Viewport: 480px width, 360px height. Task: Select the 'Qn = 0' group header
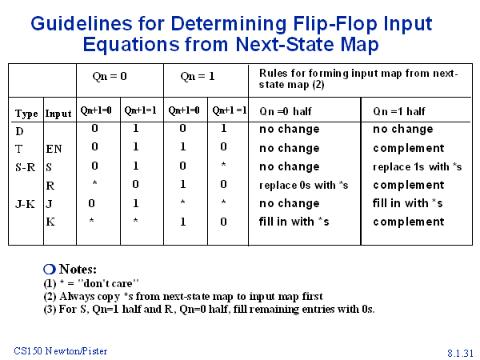[x=110, y=76]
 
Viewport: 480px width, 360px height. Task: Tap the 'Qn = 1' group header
[x=198, y=76]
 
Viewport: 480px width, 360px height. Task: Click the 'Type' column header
[x=26, y=114]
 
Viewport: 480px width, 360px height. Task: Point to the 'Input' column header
[x=58, y=114]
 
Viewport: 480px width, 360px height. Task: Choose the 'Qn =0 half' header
[x=286, y=111]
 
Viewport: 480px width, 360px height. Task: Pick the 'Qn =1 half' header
[x=399, y=111]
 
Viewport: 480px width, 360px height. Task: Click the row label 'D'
[x=19, y=131]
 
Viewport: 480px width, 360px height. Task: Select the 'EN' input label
[x=54, y=149]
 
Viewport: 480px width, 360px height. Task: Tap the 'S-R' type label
[x=26, y=167]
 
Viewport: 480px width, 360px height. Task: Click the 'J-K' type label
[x=25, y=204]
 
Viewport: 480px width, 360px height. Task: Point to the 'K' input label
[x=50, y=222]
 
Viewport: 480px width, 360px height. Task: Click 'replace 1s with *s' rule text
[x=418, y=167]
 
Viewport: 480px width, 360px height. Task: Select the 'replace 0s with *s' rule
[x=304, y=186]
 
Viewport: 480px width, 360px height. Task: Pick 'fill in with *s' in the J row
[x=407, y=203]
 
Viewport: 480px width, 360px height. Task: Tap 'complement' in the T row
[x=408, y=149]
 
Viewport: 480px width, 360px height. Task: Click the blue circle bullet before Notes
[x=50, y=270]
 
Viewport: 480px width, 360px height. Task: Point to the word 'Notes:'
[x=78, y=270]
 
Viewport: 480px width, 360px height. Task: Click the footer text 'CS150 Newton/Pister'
[x=61, y=351]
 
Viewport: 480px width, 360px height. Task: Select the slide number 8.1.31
[x=461, y=353]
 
